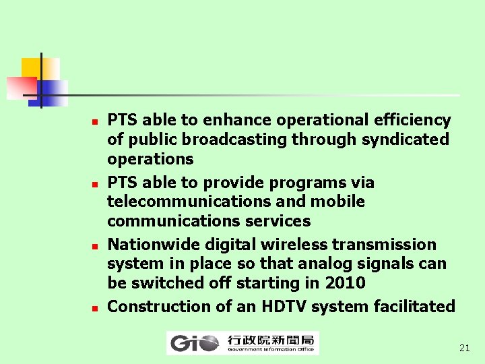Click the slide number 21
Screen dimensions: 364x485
tap(464, 348)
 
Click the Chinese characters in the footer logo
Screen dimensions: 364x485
tap(271, 340)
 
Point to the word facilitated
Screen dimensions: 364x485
tap(415, 307)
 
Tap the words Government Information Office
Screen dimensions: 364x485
tap(270, 349)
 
